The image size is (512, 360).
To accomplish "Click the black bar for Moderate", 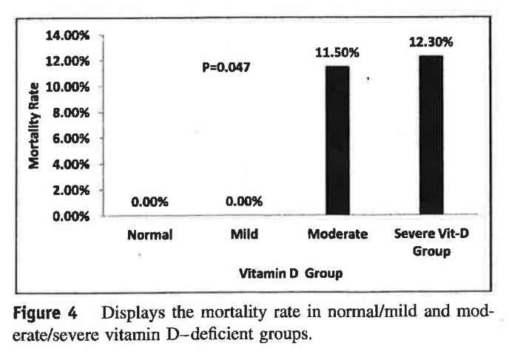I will (x=337, y=140).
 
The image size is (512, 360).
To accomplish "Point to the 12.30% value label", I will (x=431, y=42).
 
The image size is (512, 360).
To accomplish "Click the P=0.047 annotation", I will (x=226, y=67).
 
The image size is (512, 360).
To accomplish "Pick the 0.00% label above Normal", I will (x=149, y=201).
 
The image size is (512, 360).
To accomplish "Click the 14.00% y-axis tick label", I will (x=70, y=35).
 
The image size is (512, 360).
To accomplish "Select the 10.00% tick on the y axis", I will (x=70, y=87).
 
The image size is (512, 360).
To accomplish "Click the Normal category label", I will (x=149, y=236).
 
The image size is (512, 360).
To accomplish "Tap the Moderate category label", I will (x=337, y=235).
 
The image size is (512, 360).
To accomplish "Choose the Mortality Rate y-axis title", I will (x=34, y=126).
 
